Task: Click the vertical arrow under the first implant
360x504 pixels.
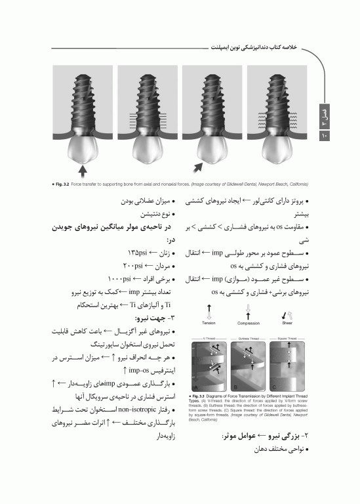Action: pyautogui.click(x=82, y=171)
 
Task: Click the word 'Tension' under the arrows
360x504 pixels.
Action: pyautogui.click(x=209, y=324)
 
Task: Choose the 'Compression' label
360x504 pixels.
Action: pyautogui.click(x=248, y=324)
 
